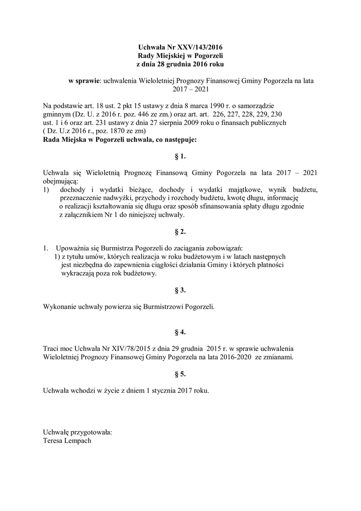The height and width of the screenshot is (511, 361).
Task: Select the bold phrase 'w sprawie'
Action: (85, 80)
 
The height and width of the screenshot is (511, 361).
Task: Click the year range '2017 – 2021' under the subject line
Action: (180, 89)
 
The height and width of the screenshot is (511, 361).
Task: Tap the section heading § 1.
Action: (180, 157)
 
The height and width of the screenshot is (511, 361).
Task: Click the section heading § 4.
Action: (180, 331)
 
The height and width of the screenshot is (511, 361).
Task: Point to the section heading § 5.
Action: (180, 373)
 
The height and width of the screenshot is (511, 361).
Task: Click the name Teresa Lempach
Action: (67, 441)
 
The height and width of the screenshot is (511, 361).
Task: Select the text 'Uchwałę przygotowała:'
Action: (78, 432)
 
